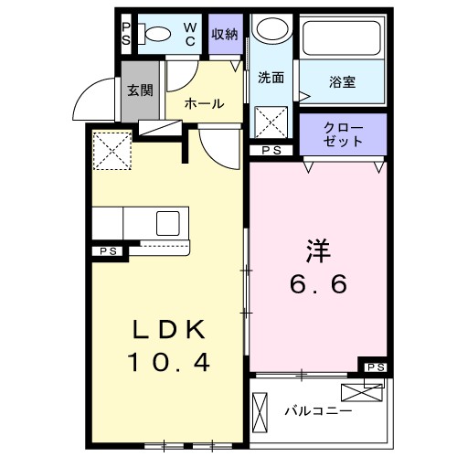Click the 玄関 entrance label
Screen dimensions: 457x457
pyautogui.click(x=139, y=90)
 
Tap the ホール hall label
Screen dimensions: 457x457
pyautogui.click(x=204, y=103)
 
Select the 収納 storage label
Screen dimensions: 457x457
pyautogui.click(x=225, y=35)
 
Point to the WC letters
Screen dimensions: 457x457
pyautogui.click(x=189, y=34)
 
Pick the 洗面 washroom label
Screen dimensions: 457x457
pyautogui.click(x=271, y=78)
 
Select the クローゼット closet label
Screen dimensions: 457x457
pyautogui.click(x=344, y=135)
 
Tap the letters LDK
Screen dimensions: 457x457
pyautogui.click(x=168, y=329)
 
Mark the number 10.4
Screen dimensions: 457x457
pyautogui.click(x=168, y=363)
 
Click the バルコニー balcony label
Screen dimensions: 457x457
pyautogui.click(x=317, y=411)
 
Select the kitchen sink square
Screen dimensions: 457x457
pyautogui.click(x=170, y=223)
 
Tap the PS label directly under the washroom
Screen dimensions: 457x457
pyautogui.click(x=271, y=151)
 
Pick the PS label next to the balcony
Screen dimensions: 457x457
pyautogui.click(x=374, y=367)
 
